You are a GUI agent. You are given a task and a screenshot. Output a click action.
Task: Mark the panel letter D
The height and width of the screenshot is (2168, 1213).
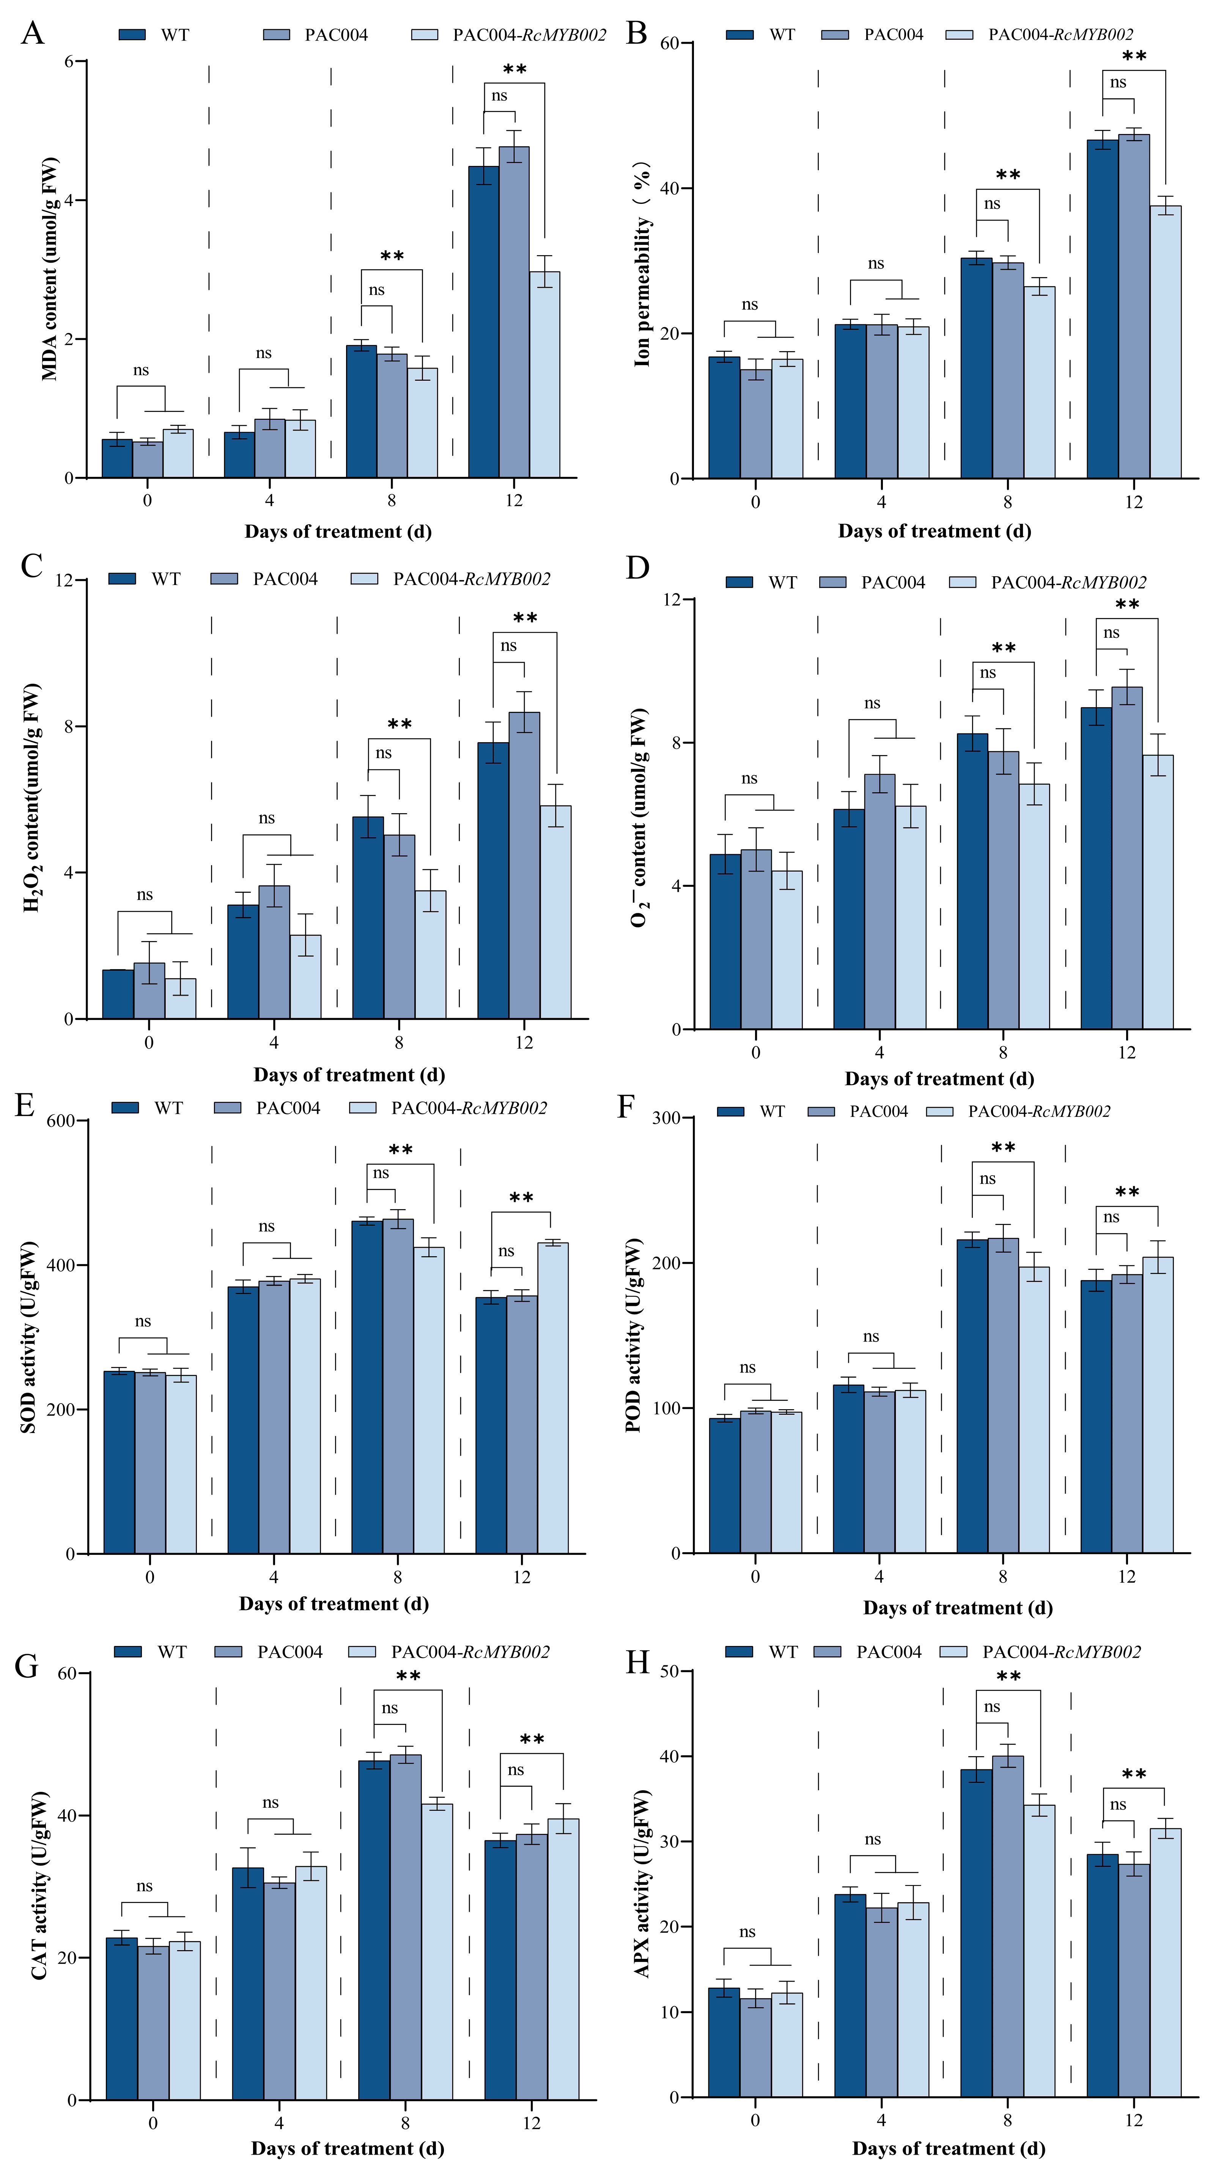coord(638,568)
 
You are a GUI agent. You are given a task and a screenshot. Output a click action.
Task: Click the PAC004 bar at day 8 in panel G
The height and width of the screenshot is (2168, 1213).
coord(406,1927)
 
